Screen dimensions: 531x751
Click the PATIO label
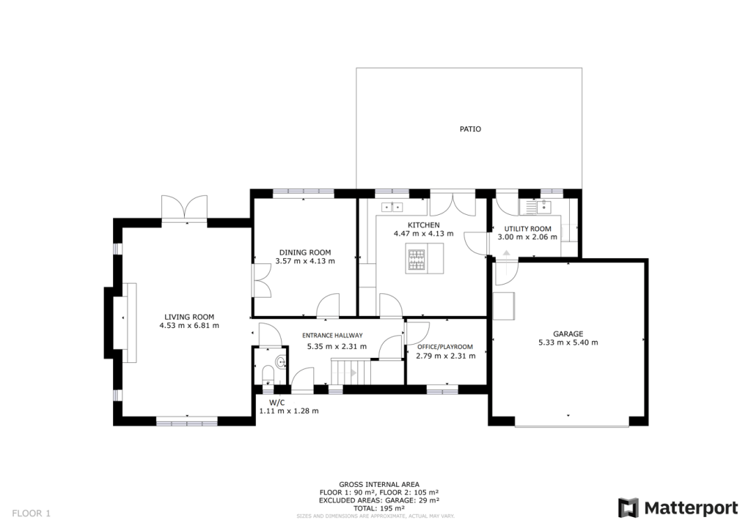point(470,129)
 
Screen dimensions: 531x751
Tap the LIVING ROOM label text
point(188,317)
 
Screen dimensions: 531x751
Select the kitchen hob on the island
point(416,258)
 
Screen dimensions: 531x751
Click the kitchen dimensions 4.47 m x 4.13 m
point(423,234)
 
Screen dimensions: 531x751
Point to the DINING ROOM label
point(304,252)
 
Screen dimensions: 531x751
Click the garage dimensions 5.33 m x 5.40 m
point(568,343)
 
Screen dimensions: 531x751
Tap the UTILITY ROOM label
point(527,229)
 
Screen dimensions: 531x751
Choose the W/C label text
point(276,403)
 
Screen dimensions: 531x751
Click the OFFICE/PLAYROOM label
point(445,347)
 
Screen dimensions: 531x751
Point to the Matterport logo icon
point(629,508)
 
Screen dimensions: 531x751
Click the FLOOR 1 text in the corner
point(32,513)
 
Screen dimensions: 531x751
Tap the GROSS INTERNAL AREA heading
point(379,485)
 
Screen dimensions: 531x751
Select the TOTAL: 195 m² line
point(379,508)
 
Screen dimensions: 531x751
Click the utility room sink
point(535,208)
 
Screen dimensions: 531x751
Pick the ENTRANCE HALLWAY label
point(332,336)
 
